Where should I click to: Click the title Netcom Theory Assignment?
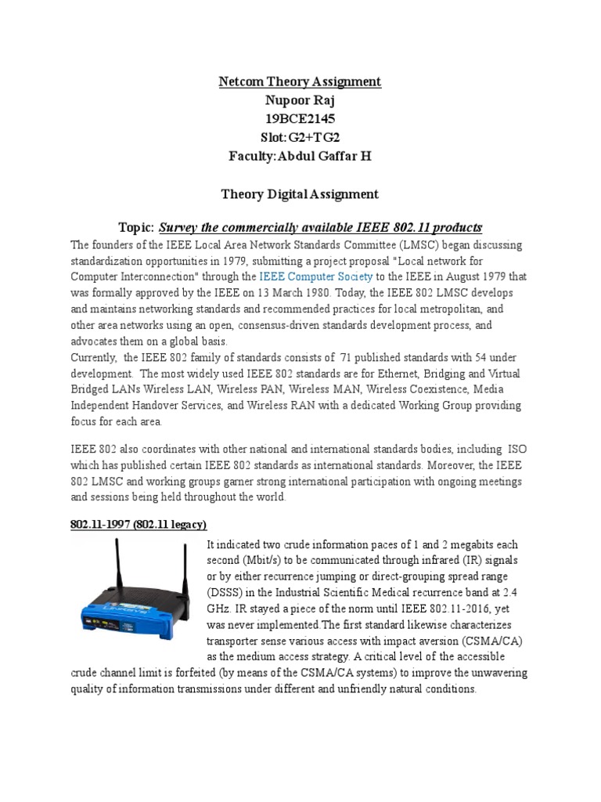(x=300, y=81)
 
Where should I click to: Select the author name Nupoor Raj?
(x=300, y=100)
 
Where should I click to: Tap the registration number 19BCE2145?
(x=300, y=118)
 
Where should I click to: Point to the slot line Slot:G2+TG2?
(x=300, y=137)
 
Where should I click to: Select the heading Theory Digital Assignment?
(x=300, y=193)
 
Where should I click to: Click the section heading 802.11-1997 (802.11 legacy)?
(x=138, y=523)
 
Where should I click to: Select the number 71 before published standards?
(x=347, y=358)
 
